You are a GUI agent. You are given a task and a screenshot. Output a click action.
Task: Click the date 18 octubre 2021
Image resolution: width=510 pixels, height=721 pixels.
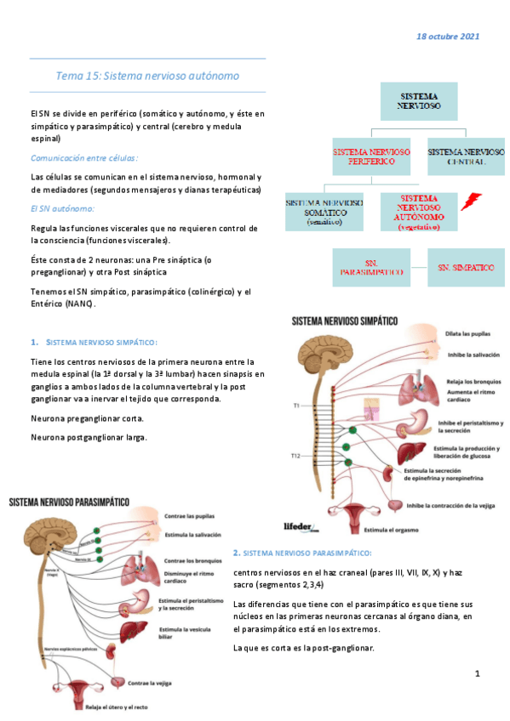[x=447, y=37]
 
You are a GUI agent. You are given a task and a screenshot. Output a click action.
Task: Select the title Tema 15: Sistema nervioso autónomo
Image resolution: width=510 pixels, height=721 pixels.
[x=147, y=76]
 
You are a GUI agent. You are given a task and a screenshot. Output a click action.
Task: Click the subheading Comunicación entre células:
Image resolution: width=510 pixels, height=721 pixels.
[x=84, y=158]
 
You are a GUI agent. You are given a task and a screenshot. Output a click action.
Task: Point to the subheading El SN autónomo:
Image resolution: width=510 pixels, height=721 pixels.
[x=62, y=208]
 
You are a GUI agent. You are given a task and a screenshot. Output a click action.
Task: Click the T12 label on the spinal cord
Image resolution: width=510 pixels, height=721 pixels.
[x=295, y=457]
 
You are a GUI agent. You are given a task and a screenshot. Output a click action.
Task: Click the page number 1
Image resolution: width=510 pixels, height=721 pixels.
[x=478, y=674]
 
